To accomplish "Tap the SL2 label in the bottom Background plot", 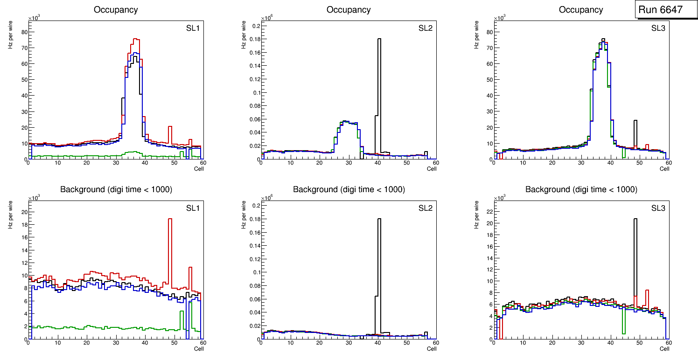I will click(x=426, y=208).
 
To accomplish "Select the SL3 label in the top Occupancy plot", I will click(x=658, y=28).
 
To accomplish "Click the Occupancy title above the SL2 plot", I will click(x=349, y=9).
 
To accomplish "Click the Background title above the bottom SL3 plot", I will click(x=581, y=189).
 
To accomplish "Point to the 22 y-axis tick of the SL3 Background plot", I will click(x=488, y=212).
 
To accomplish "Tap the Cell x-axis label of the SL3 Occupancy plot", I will click(x=664, y=169).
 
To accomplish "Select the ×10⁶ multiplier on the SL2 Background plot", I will click(x=267, y=198).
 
